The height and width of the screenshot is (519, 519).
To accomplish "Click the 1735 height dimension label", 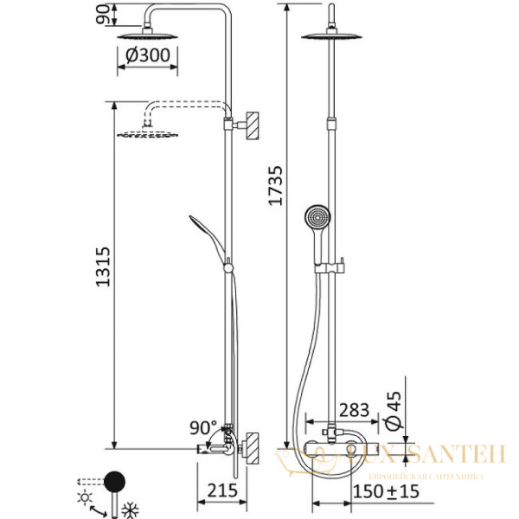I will [x=275, y=185].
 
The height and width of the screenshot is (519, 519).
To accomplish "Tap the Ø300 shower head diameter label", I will [x=146, y=55].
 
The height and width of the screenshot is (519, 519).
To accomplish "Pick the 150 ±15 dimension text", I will [x=388, y=491].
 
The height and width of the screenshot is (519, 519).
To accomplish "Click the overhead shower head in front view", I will [x=333, y=35].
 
